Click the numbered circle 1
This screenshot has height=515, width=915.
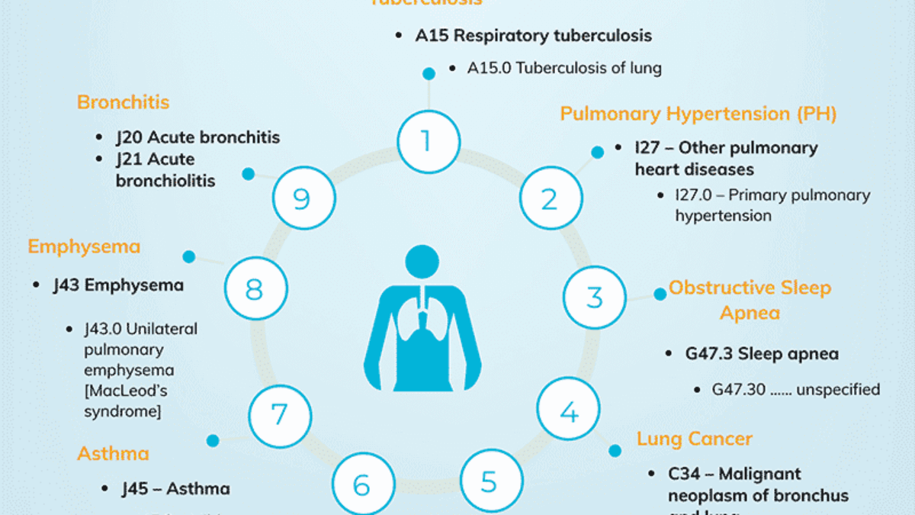[x=428, y=141]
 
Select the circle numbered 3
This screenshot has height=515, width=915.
[x=595, y=297]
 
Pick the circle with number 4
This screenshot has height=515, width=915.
[x=569, y=412]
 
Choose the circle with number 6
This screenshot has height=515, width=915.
[x=363, y=484]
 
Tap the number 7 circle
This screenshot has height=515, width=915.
[x=280, y=415]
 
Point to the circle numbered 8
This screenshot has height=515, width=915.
[x=255, y=289]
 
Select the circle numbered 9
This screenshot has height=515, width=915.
[x=303, y=198]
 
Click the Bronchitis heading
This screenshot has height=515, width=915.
[x=123, y=102]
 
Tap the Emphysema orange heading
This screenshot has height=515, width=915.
[x=84, y=246]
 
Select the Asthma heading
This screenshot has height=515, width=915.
[x=113, y=453]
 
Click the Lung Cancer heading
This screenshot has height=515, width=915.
[x=694, y=439]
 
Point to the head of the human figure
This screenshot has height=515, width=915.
[x=422, y=262]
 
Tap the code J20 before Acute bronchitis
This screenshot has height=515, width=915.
[x=130, y=138]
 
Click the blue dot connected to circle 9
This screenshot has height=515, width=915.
[x=248, y=174]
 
